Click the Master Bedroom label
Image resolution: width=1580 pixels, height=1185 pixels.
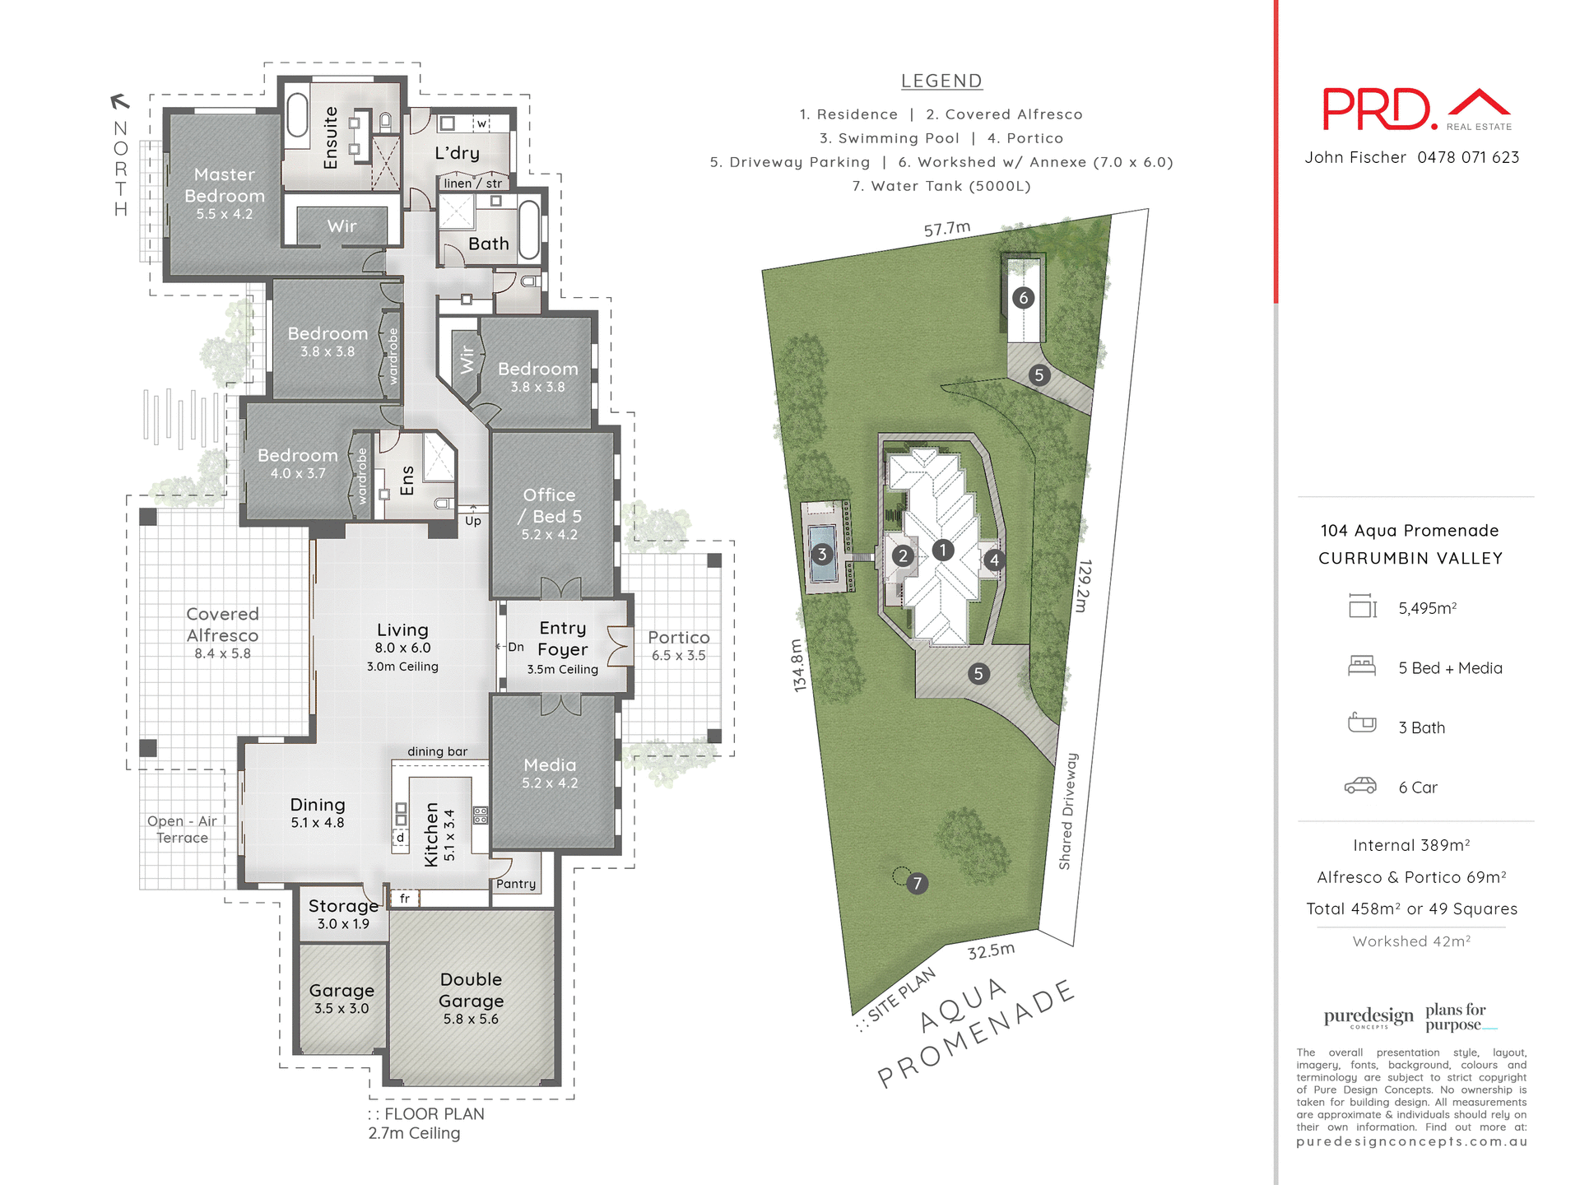[x=225, y=185]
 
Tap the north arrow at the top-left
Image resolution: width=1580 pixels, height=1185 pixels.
[x=120, y=101]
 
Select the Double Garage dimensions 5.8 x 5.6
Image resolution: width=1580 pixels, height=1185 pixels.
[x=471, y=1019]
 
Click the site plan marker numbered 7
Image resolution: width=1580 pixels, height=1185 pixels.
[x=917, y=884]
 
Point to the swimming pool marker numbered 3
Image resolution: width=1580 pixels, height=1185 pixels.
[x=821, y=555]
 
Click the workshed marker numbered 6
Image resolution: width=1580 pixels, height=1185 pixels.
[x=1023, y=298]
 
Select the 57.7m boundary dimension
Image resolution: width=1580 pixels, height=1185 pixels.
[x=946, y=229]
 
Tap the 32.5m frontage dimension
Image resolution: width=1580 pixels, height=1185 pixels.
[x=991, y=951]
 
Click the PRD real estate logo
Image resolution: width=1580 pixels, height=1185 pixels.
[x=1415, y=110]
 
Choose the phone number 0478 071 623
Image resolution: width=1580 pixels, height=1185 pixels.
[x=1468, y=157]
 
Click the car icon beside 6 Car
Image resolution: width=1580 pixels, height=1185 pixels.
[x=1360, y=786]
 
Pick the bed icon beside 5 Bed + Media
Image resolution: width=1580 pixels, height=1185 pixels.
[x=1361, y=666]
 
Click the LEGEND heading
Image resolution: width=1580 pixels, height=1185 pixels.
[x=941, y=81]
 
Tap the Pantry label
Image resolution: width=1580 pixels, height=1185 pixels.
[x=516, y=884]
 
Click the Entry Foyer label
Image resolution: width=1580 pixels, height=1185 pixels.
[x=563, y=639]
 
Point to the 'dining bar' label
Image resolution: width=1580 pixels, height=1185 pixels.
[x=437, y=751]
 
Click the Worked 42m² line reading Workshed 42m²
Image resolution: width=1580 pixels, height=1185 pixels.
[x=1411, y=941]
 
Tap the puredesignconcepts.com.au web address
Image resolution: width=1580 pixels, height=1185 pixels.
[x=1411, y=1141]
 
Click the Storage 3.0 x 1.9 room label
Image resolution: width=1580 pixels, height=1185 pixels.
[x=343, y=913]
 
